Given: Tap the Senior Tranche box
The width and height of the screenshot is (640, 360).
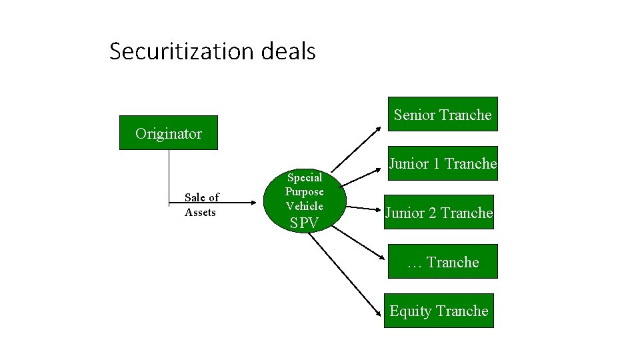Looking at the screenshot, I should (442, 115).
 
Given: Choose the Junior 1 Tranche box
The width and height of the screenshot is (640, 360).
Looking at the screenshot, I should (442, 163).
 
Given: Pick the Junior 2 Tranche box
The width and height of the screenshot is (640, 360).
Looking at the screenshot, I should (439, 213).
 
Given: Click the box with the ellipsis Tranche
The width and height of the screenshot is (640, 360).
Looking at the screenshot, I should (442, 262).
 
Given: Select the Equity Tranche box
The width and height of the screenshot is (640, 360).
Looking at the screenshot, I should (439, 311).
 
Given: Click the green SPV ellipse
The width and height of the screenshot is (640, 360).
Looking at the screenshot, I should (305, 200).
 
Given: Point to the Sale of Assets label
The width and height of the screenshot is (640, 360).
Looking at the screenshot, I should (201, 205).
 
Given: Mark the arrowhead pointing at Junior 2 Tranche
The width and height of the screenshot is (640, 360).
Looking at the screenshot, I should (378, 210).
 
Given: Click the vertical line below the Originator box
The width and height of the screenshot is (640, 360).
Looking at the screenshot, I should (169, 173).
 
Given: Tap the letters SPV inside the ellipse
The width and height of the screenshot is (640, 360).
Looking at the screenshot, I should (305, 223).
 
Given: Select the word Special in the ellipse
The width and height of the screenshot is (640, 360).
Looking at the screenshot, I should (305, 177).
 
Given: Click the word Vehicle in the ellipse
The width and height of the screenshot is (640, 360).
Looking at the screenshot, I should (305, 206).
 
